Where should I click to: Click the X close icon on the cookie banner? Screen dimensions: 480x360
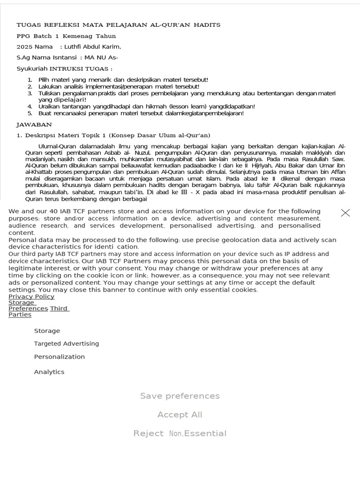[345, 213]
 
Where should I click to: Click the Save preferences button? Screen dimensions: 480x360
[180, 396]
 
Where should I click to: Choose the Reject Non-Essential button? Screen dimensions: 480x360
[180, 434]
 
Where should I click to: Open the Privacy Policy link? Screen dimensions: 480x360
[31, 297]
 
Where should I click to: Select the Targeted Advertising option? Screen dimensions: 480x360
[66, 344]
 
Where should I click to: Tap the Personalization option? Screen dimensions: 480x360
[59, 357]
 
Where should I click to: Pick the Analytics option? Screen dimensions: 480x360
[49, 372]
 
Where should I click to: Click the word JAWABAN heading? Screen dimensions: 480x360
[34, 125]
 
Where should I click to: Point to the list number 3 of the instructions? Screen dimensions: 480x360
[30, 93]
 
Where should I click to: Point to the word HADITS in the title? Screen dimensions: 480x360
[206, 25]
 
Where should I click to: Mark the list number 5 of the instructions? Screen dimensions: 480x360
[30, 113]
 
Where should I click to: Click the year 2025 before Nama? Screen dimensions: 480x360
[24, 47]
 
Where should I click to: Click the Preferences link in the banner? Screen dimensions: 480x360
[28, 308]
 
